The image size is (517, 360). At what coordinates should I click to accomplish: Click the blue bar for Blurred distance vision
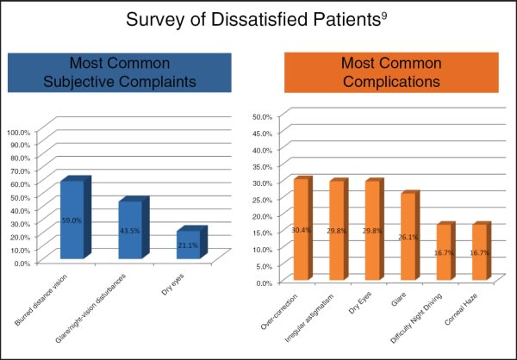coord(72,219)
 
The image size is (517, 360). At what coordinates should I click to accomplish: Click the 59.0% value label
coord(71,220)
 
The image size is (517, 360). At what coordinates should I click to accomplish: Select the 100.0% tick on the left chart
coord(18,133)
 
